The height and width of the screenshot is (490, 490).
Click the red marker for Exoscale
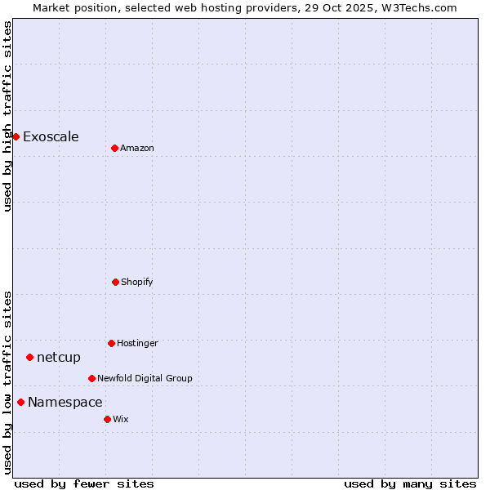16,136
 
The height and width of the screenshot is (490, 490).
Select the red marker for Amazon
114,148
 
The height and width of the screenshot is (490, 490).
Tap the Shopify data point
115,282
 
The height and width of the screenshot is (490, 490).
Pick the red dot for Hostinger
111,343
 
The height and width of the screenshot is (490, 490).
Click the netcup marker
29,357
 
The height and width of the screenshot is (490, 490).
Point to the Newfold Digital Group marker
91,378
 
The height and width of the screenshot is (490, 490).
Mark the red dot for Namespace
20,402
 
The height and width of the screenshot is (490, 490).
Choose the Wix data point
107,419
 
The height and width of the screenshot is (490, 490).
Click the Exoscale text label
51,136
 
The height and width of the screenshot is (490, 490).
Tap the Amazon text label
137,148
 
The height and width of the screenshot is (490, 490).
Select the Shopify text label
137,282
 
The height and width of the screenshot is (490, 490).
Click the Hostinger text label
137,343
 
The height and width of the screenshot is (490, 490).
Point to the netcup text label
59,357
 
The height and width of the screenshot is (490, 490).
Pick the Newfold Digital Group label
145,378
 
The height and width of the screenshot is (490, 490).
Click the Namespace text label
65,402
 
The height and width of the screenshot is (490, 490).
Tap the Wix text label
121,419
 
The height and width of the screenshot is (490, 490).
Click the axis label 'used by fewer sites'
84,483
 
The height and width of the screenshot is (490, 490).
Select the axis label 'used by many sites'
410,483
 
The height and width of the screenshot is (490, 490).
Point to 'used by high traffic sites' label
7,116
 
